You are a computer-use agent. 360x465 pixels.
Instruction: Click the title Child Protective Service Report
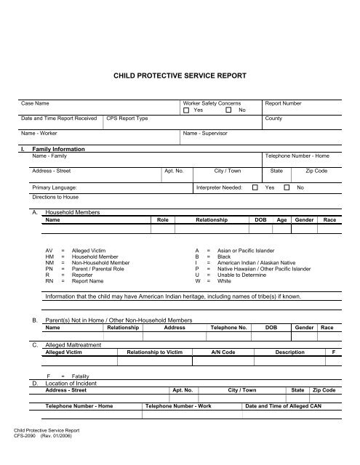click(x=180, y=75)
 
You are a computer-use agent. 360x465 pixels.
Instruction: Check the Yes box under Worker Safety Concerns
click(x=187, y=110)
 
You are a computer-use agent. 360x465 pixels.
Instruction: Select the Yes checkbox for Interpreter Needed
click(x=255, y=187)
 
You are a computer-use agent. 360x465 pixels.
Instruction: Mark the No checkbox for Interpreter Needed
click(x=287, y=187)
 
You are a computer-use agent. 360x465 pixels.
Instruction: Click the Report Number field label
click(x=284, y=103)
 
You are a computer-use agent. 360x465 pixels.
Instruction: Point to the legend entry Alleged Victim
click(x=94, y=249)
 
